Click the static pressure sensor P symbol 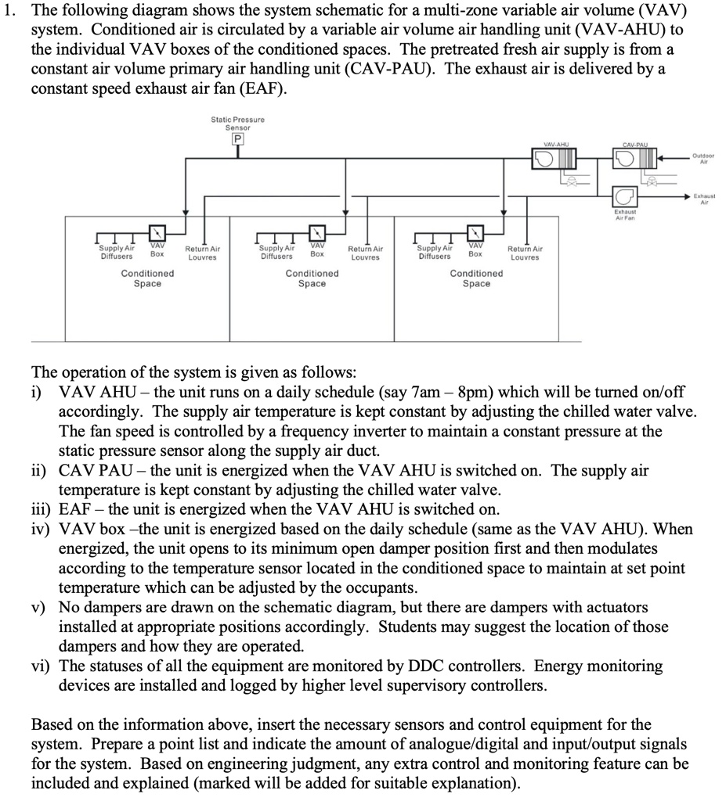(237, 139)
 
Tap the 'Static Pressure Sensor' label (237, 123)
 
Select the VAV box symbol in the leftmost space (157, 232)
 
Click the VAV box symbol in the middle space (316, 232)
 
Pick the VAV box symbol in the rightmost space (475, 232)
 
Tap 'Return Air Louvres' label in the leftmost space (202, 253)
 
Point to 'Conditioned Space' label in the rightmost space (476, 278)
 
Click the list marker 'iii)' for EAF (42, 509)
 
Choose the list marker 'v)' (39, 608)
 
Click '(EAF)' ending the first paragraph (259, 88)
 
